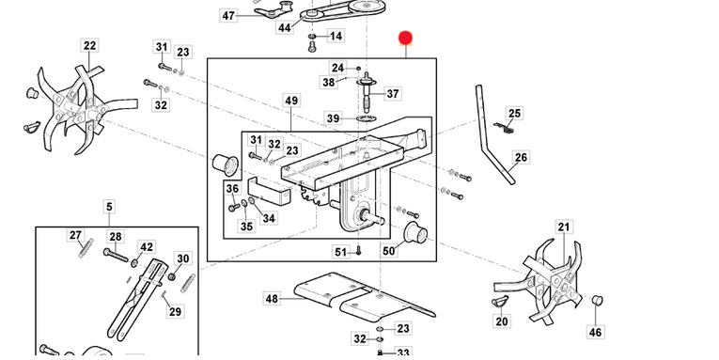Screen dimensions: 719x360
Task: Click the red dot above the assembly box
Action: click(x=405, y=38)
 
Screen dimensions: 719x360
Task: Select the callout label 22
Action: click(x=90, y=45)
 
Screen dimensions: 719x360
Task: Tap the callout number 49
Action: click(x=291, y=101)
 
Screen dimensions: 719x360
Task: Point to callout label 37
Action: click(x=393, y=94)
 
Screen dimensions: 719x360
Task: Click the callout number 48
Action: click(x=272, y=299)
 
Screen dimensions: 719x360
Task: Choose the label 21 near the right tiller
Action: click(x=564, y=227)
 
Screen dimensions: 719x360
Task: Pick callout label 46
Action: click(x=595, y=332)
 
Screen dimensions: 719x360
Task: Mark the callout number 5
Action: click(x=109, y=207)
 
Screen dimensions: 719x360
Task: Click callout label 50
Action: click(x=388, y=251)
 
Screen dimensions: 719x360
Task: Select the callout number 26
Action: click(x=521, y=157)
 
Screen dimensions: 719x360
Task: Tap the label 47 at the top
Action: click(x=228, y=16)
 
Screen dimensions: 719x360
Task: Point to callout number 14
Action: click(x=336, y=36)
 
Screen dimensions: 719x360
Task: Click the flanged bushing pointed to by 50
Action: click(x=415, y=233)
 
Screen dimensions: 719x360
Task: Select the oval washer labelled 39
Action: click(x=366, y=118)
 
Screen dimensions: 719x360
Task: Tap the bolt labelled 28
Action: click(x=116, y=256)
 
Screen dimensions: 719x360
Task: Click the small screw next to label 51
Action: click(x=359, y=250)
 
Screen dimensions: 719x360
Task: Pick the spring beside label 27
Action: click(x=86, y=248)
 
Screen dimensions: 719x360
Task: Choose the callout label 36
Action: click(x=232, y=189)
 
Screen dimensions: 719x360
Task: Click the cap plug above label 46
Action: click(x=597, y=301)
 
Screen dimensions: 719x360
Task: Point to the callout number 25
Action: click(x=514, y=114)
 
